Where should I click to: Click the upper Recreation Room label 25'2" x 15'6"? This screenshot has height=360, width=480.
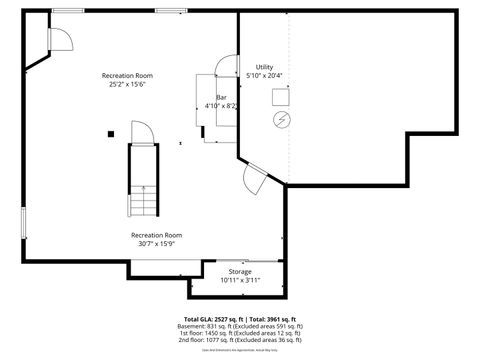pyautogui.click(x=127, y=81)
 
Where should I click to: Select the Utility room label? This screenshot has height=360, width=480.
pyautogui.click(x=264, y=71)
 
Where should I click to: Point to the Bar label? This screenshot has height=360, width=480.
pyautogui.click(x=221, y=101)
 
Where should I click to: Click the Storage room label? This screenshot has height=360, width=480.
pyautogui.click(x=239, y=275)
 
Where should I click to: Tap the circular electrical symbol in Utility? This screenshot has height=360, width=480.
pyautogui.click(x=281, y=119)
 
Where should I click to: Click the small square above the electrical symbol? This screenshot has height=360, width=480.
pyautogui.click(x=281, y=96)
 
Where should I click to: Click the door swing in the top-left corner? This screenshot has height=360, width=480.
pyautogui.click(x=60, y=39)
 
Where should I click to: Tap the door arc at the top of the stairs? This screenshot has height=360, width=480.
pyautogui.click(x=140, y=133)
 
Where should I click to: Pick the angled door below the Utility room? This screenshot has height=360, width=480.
pyautogui.click(x=254, y=179)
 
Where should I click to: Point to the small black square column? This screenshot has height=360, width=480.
pyautogui.click(x=111, y=133)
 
